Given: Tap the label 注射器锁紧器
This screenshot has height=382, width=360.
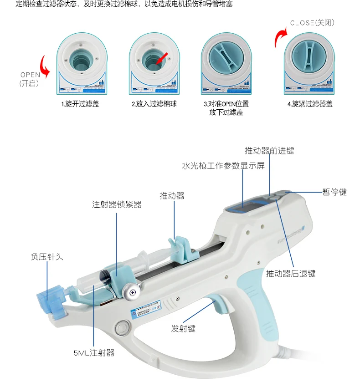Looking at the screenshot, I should click(x=117, y=205).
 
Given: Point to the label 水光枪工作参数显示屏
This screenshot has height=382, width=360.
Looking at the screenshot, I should click(x=223, y=166).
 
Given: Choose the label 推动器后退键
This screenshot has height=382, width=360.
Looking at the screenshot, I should click(x=291, y=274).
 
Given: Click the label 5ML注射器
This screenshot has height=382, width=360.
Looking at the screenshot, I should click(x=93, y=352).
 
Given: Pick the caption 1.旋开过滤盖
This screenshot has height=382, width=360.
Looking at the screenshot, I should click(x=80, y=104).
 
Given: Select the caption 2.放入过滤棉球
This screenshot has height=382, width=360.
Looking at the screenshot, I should click(x=154, y=104).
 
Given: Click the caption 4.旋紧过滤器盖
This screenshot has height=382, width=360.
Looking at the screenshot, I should click(x=309, y=104).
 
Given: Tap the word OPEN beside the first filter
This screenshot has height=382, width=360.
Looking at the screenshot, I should click(x=30, y=75).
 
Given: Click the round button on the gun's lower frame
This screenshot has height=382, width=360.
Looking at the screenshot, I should click(x=122, y=327).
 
